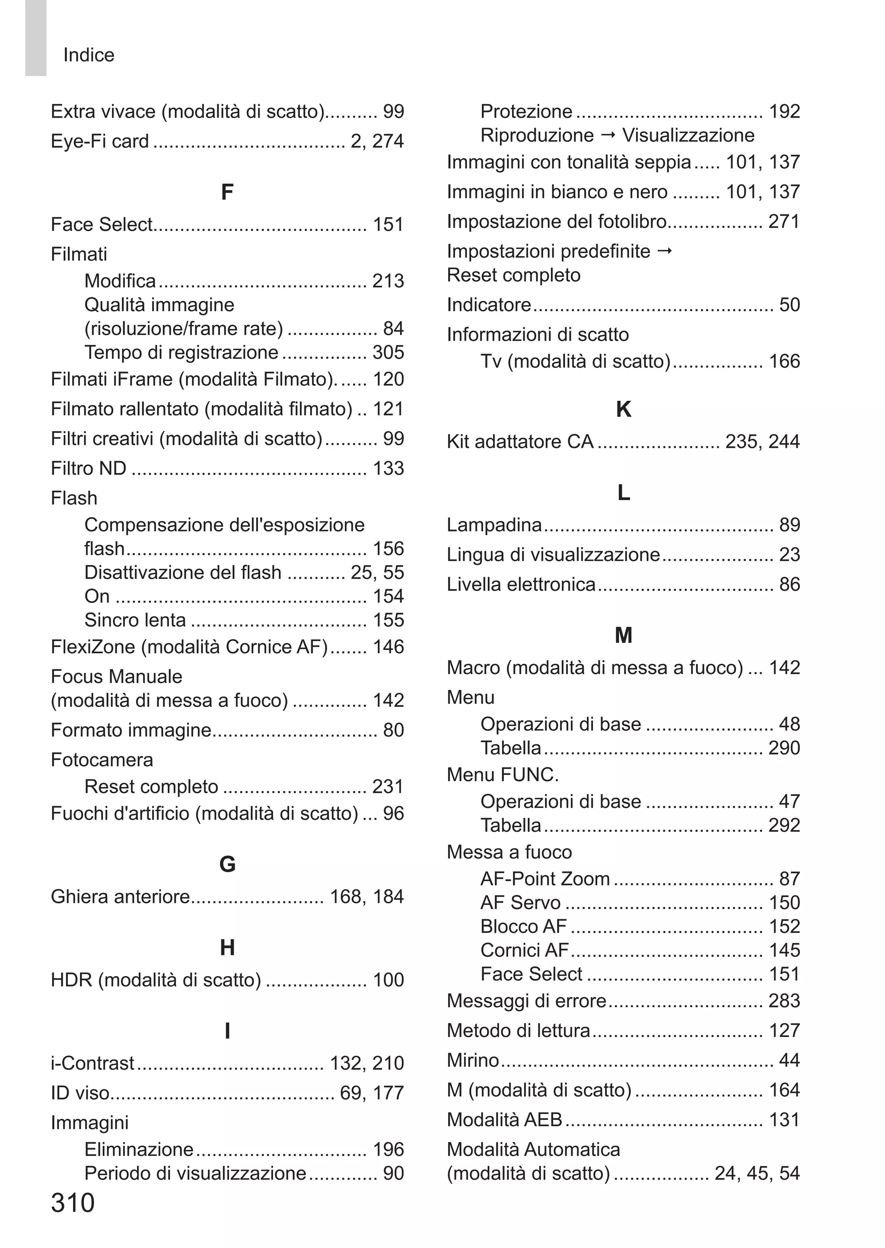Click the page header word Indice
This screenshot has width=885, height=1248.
(x=89, y=55)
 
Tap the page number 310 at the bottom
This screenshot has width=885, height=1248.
(x=73, y=1202)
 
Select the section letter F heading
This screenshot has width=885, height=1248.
(x=227, y=192)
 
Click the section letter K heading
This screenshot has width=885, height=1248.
(x=624, y=409)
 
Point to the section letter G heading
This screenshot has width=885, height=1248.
(x=227, y=864)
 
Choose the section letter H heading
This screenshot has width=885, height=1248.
(x=227, y=948)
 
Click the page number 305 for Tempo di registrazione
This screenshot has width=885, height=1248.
(x=388, y=353)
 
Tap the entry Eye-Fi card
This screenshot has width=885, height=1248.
(x=100, y=141)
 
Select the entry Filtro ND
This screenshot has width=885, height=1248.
(x=88, y=468)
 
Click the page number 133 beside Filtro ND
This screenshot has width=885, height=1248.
(x=388, y=468)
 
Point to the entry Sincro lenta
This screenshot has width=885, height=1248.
(x=135, y=619)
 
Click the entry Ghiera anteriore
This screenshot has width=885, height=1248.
(x=120, y=897)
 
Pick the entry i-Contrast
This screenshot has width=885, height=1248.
(x=92, y=1063)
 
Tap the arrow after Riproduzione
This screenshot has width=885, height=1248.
(x=608, y=134)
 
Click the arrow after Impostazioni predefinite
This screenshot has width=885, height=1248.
(x=665, y=251)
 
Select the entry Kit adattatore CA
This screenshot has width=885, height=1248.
(x=520, y=441)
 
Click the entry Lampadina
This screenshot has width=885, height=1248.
(x=494, y=525)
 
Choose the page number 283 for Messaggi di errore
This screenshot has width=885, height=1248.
(x=783, y=1001)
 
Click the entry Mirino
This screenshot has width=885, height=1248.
(x=472, y=1060)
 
